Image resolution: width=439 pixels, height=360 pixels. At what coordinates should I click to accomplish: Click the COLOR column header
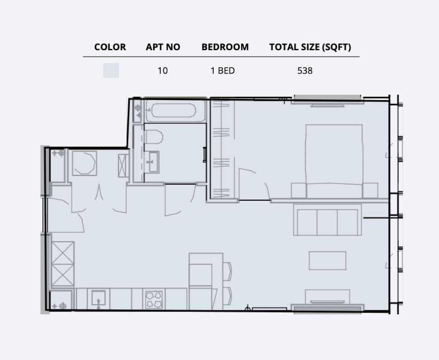pyautogui.click(x=110, y=47)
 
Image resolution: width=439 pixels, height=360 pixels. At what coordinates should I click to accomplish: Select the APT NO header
pyautogui.click(x=163, y=47)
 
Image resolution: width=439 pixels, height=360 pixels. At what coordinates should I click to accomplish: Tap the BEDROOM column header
pyautogui.click(x=225, y=47)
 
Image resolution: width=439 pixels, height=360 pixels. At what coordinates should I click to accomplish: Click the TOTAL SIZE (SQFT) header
pyautogui.click(x=310, y=47)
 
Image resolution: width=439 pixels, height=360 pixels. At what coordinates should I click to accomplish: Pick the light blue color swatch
pyautogui.click(x=111, y=71)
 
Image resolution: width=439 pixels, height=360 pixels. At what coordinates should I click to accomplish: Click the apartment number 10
pyautogui.click(x=162, y=71)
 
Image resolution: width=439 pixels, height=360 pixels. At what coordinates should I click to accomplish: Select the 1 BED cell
pyautogui.click(x=223, y=71)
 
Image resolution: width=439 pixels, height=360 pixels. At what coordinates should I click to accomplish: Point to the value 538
pyautogui.click(x=305, y=71)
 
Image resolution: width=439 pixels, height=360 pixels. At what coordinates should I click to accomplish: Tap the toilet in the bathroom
pyautogui.click(x=154, y=137)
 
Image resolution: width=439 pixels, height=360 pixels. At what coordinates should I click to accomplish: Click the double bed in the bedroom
pyautogui.click(x=334, y=158)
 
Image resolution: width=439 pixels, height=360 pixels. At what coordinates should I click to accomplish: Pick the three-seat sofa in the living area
pyautogui.click(x=328, y=221)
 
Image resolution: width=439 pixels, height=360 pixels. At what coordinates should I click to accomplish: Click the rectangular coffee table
pyautogui.click(x=328, y=261)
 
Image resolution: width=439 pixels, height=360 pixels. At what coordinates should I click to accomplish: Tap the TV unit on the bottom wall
pyautogui.click(x=327, y=300)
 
